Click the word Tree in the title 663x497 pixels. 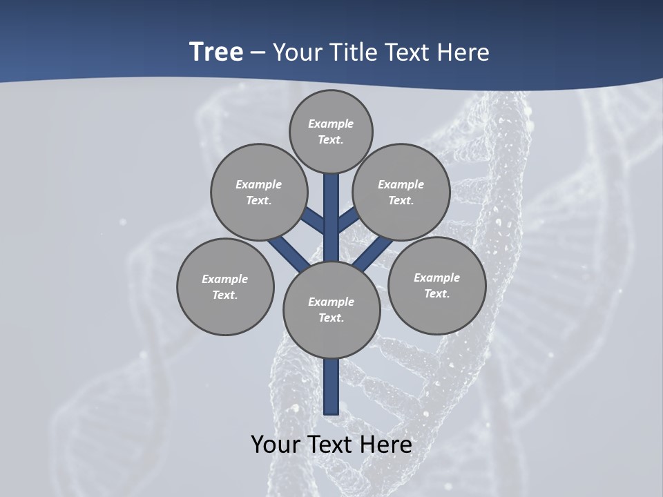click(x=216, y=52)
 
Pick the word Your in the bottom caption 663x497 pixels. click(x=276, y=445)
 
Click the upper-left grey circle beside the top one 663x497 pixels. click(x=259, y=192)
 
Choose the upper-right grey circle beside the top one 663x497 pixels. click(x=401, y=192)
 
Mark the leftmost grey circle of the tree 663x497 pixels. click(x=225, y=286)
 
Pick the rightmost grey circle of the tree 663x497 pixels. click(x=437, y=285)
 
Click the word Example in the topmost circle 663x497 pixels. click(x=331, y=124)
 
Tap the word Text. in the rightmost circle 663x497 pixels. click(x=437, y=293)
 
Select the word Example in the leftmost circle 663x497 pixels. click(x=225, y=279)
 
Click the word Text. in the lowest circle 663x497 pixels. click(x=331, y=318)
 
